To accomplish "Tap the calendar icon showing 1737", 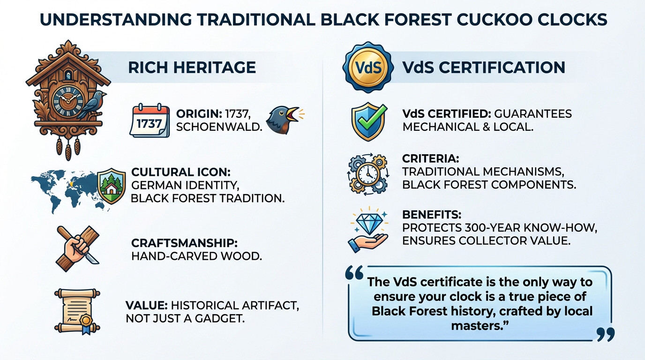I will (x=150, y=121).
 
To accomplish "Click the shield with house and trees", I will (x=112, y=186).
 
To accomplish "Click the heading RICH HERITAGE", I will (x=192, y=67).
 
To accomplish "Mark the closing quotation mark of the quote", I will (x=605, y=334).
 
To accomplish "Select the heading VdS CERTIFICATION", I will (x=483, y=67).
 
